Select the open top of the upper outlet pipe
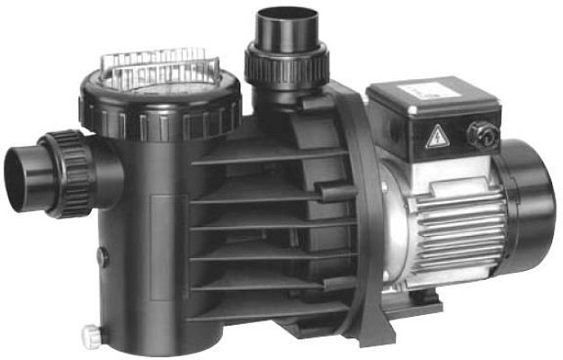tap(286, 19)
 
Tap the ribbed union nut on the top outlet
tap(287, 62)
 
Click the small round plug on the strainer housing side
tap(102, 256)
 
